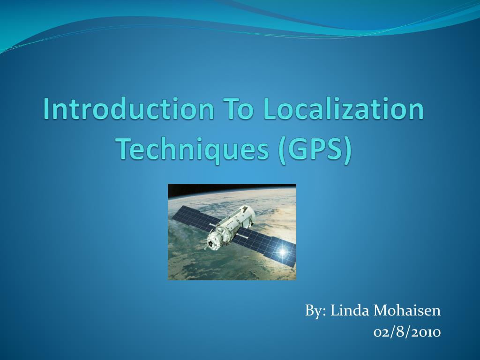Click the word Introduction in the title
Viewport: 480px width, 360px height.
click(x=128, y=109)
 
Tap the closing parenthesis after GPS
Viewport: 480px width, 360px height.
click(x=347, y=150)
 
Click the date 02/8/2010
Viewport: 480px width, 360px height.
click(x=407, y=332)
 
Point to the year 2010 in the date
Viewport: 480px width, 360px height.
click(x=426, y=332)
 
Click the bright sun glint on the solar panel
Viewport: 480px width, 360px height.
click(x=282, y=252)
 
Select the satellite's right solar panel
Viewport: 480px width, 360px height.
click(x=267, y=247)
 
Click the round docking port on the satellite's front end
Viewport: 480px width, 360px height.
click(x=212, y=244)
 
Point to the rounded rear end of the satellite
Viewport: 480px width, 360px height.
click(x=248, y=211)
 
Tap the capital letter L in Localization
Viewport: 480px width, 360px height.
click(x=270, y=109)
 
